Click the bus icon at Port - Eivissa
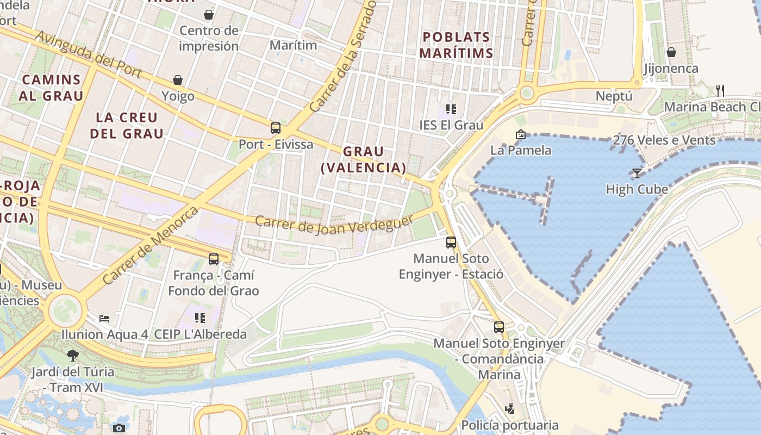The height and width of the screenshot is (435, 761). [276, 128]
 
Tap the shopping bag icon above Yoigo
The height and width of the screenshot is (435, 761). [178, 80]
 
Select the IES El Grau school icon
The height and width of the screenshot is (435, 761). [450, 109]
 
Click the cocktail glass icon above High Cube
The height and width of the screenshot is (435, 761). [637, 173]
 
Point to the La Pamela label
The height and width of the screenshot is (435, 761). [521, 150]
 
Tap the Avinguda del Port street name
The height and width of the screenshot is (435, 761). [89, 54]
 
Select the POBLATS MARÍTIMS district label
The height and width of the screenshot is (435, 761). [457, 45]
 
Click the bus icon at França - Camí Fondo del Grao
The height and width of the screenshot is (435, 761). [214, 259]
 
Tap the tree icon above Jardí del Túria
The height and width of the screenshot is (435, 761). [72, 356]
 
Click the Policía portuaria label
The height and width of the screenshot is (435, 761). [509, 425]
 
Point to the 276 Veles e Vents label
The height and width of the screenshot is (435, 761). [664, 140]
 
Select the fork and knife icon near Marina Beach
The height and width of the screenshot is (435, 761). [720, 91]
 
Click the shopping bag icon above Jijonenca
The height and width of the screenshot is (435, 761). [671, 52]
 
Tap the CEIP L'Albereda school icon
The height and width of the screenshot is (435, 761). [200, 318]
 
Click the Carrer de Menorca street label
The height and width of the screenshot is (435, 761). [151, 245]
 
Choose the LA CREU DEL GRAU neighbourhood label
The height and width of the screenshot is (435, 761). [127, 125]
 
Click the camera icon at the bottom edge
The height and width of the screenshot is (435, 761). [119, 428]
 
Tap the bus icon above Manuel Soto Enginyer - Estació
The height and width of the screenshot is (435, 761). [451, 243]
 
